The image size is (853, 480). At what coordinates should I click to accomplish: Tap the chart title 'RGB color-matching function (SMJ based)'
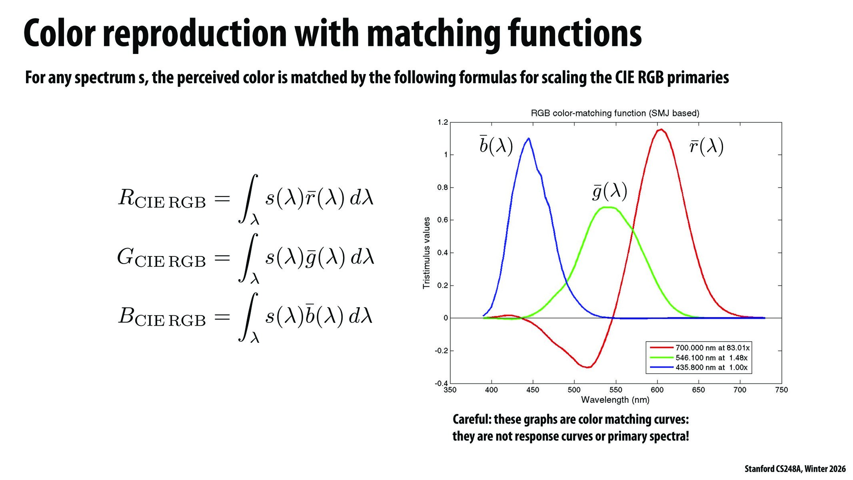[x=615, y=113]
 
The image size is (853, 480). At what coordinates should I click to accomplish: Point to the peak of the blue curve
[x=529, y=138]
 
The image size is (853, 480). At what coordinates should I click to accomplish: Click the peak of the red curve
[x=661, y=129]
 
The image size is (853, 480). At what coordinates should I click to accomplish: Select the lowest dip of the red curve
[x=587, y=367]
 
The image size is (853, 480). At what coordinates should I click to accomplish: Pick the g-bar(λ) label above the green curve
[x=609, y=192]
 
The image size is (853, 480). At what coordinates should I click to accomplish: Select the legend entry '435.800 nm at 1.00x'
[x=711, y=367]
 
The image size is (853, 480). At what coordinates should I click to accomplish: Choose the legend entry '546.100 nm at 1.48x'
[x=711, y=358]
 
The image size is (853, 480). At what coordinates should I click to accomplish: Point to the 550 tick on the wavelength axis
[x=616, y=390]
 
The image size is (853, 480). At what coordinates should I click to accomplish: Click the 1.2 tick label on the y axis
[x=442, y=122]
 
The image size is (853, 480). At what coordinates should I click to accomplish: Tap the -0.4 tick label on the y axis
[x=441, y=384]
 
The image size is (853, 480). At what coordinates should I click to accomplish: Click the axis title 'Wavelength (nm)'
[x=615, y=400]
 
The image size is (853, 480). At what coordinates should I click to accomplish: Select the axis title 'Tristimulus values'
[x=426, y=253]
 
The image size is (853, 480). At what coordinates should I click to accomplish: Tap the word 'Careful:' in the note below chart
[x=471, y=420]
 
